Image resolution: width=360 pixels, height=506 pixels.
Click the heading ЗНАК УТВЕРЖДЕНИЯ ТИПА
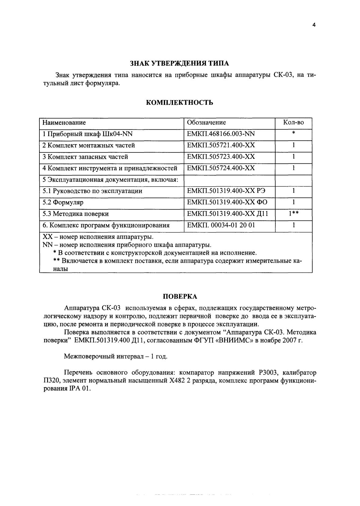pyautogui.click(x=179, y=63)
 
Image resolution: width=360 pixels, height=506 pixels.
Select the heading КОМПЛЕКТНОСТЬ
pyautogui.click(x=179, y=103)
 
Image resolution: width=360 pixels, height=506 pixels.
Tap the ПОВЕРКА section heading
pyautogui.click(x=179, y=296)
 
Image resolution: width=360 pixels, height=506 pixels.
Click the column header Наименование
pyautogui.click(x=64, y=123)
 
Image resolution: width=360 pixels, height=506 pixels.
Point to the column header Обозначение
pyautogui.click(x=206, y=123)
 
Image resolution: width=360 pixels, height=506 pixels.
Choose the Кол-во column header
pyautogui.click(x=293, y=123)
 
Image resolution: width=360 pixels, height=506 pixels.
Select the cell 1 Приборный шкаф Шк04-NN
pyautogui.click(x=87, y=134)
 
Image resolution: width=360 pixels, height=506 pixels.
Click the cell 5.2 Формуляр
pyautogui.click(x=63, y=202)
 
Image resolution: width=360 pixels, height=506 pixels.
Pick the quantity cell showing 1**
pyautogui.click(x=293, y=214)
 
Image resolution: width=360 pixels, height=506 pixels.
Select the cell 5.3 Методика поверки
pyautogui.click(x=75, y=214)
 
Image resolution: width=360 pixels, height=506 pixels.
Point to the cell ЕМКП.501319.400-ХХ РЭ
pyautogui.click(x=226, y=191)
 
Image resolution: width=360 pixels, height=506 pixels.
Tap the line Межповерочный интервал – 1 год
pyautogui.click(x=116, y=356)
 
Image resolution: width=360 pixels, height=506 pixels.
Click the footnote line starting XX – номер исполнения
pyautogui.click(x=98, y=237)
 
